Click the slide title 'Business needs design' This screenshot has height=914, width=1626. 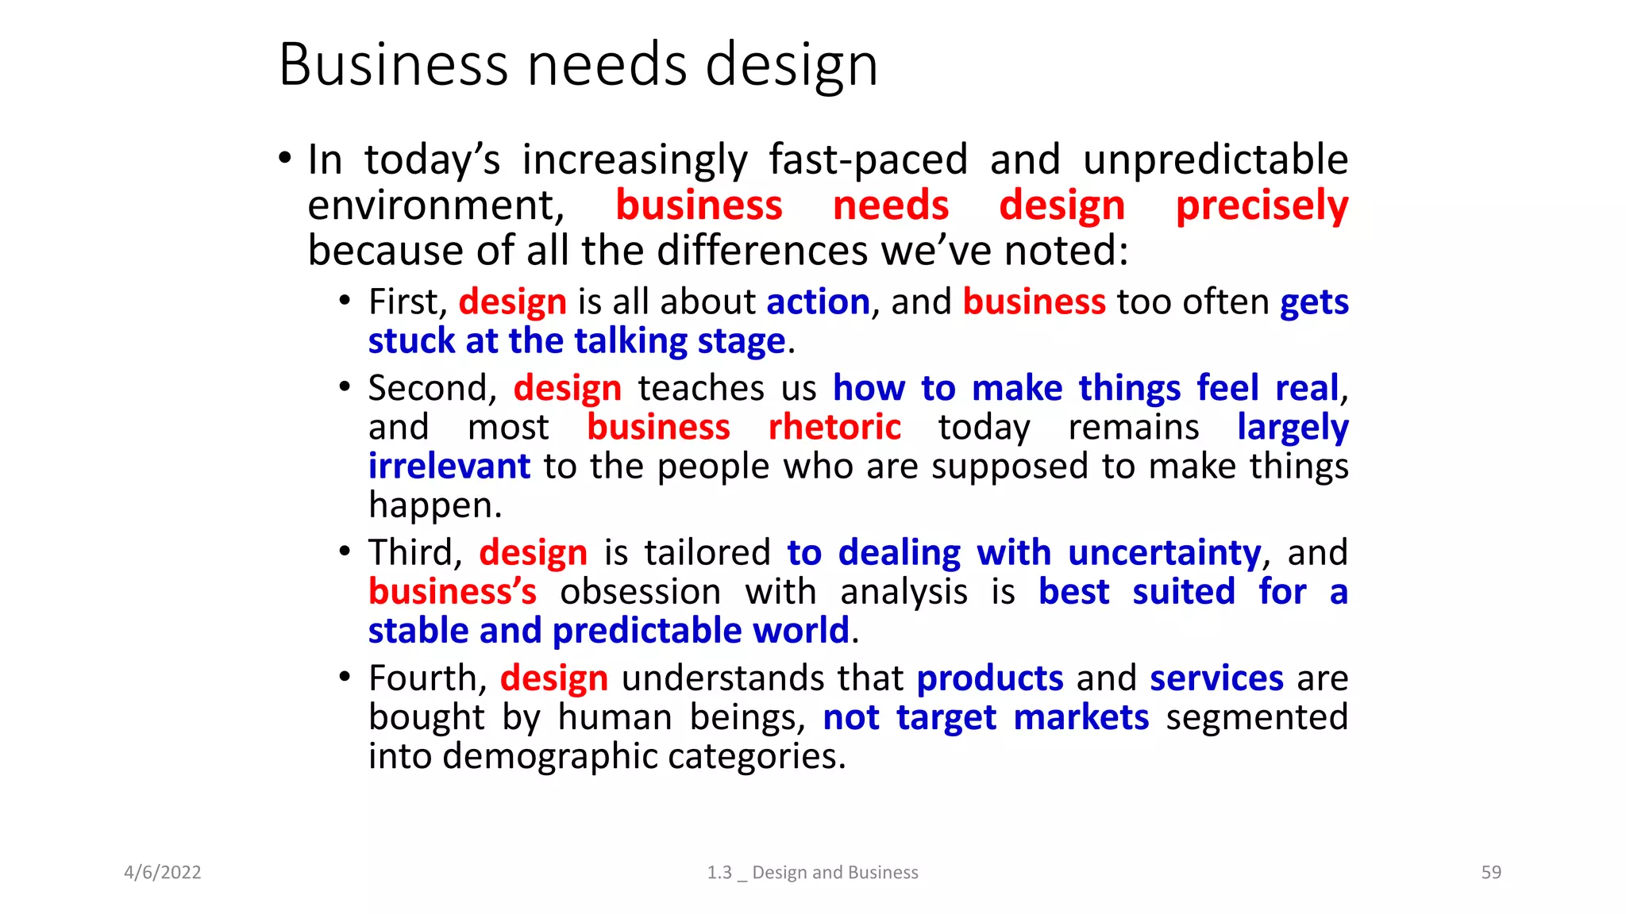[578, 65]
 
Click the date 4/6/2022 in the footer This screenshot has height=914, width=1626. [163, 873]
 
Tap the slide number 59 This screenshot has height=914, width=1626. [1491, 873]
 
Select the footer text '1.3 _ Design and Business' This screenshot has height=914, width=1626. [812, 873]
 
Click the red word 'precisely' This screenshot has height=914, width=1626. [1262, 206]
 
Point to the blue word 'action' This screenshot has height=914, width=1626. [818, 302]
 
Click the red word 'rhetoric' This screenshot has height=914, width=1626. [834, 428]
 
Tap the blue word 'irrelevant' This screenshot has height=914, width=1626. [449, 467]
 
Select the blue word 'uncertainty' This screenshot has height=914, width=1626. [1164, 553]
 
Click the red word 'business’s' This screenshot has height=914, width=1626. [453, 593]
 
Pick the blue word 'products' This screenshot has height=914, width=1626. [989, 679]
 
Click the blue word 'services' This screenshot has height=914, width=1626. [1216, 679]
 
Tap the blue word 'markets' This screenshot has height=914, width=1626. [1081, 718]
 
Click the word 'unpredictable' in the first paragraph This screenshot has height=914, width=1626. [1216, 160]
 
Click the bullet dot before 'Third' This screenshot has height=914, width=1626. [345, 551]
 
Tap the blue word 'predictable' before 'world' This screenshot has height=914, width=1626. [647, 632]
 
